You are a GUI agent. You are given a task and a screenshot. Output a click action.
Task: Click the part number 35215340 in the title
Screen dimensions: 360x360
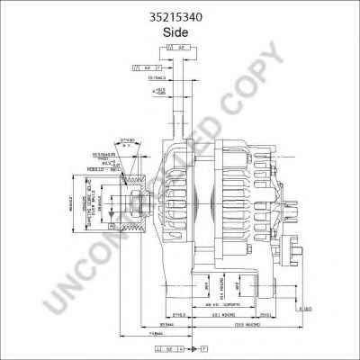[x=180, y=16]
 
